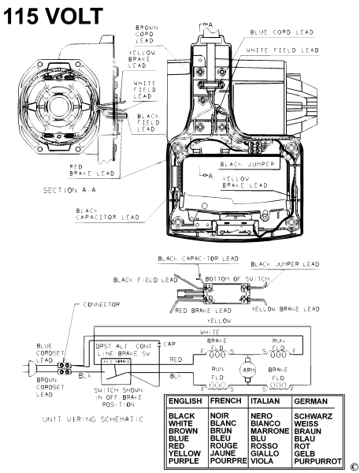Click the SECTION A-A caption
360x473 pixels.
[x=69, y=191]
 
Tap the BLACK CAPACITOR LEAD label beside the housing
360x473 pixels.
[x=110, y=215]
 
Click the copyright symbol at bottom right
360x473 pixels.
[x=354, y=466]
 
